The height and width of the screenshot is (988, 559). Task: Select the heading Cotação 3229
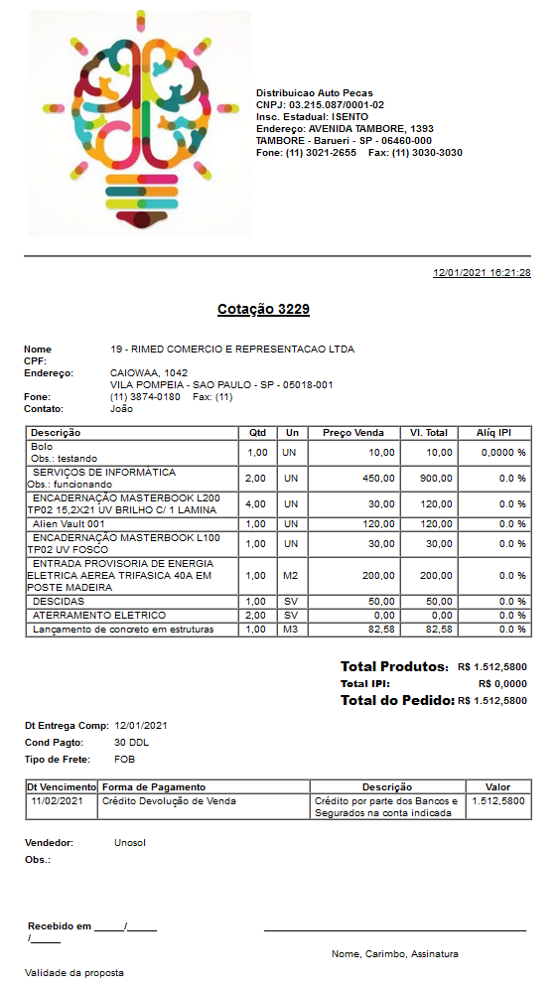click(x=263, y=310)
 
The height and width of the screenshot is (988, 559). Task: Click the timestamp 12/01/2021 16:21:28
click(x=482, y=272)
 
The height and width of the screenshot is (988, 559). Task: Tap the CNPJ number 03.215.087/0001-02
click(x=337, y=105)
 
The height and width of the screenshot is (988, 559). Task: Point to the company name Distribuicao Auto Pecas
click(x=314, y=92)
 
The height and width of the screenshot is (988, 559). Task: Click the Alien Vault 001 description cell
click(x=69, y=523)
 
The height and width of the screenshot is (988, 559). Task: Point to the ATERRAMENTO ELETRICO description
click(x=84, y=616)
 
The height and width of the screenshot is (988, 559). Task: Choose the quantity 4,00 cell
click(x=255, y=503)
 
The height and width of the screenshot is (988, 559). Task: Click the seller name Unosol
click(x=130, y=842)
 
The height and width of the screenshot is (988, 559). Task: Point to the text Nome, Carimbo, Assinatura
click(x=395, y=953)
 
